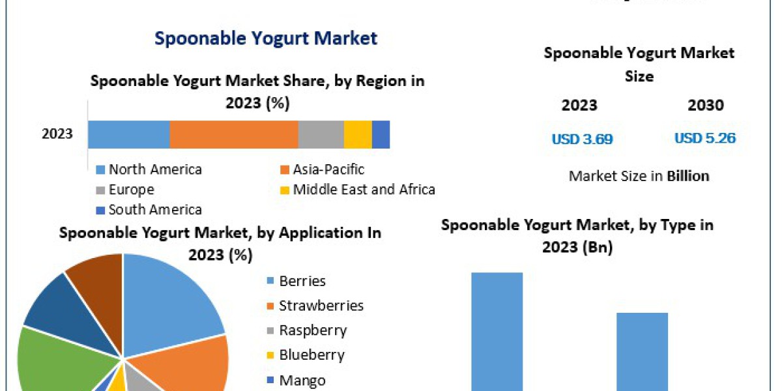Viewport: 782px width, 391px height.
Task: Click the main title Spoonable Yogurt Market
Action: coord(265,38)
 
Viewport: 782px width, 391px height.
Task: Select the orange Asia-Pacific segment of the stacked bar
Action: coord(234,134)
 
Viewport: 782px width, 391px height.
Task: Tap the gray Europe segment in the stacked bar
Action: coord(321,134)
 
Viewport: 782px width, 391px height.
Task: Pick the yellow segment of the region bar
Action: coord(358,134)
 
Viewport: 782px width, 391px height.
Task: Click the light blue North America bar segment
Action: coord(129,134)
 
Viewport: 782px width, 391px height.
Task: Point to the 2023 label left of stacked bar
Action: coord(57,134)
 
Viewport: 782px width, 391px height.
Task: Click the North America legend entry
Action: coord(154,169)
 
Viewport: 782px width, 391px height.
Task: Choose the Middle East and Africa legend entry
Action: coord(363,190)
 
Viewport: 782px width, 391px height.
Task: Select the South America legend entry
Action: coord(154,209)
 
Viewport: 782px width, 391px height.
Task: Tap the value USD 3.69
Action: coord(582,139)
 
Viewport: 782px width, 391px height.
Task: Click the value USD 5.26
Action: coord(704,138)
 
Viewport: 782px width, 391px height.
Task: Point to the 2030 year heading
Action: coord(705,106)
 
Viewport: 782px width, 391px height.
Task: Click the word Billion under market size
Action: coord(688,176)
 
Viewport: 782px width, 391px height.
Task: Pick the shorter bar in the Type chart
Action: coord(642,351)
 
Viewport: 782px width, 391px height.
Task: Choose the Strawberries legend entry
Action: coord(321,306)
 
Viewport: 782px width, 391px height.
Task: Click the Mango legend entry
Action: coord(301,380)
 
